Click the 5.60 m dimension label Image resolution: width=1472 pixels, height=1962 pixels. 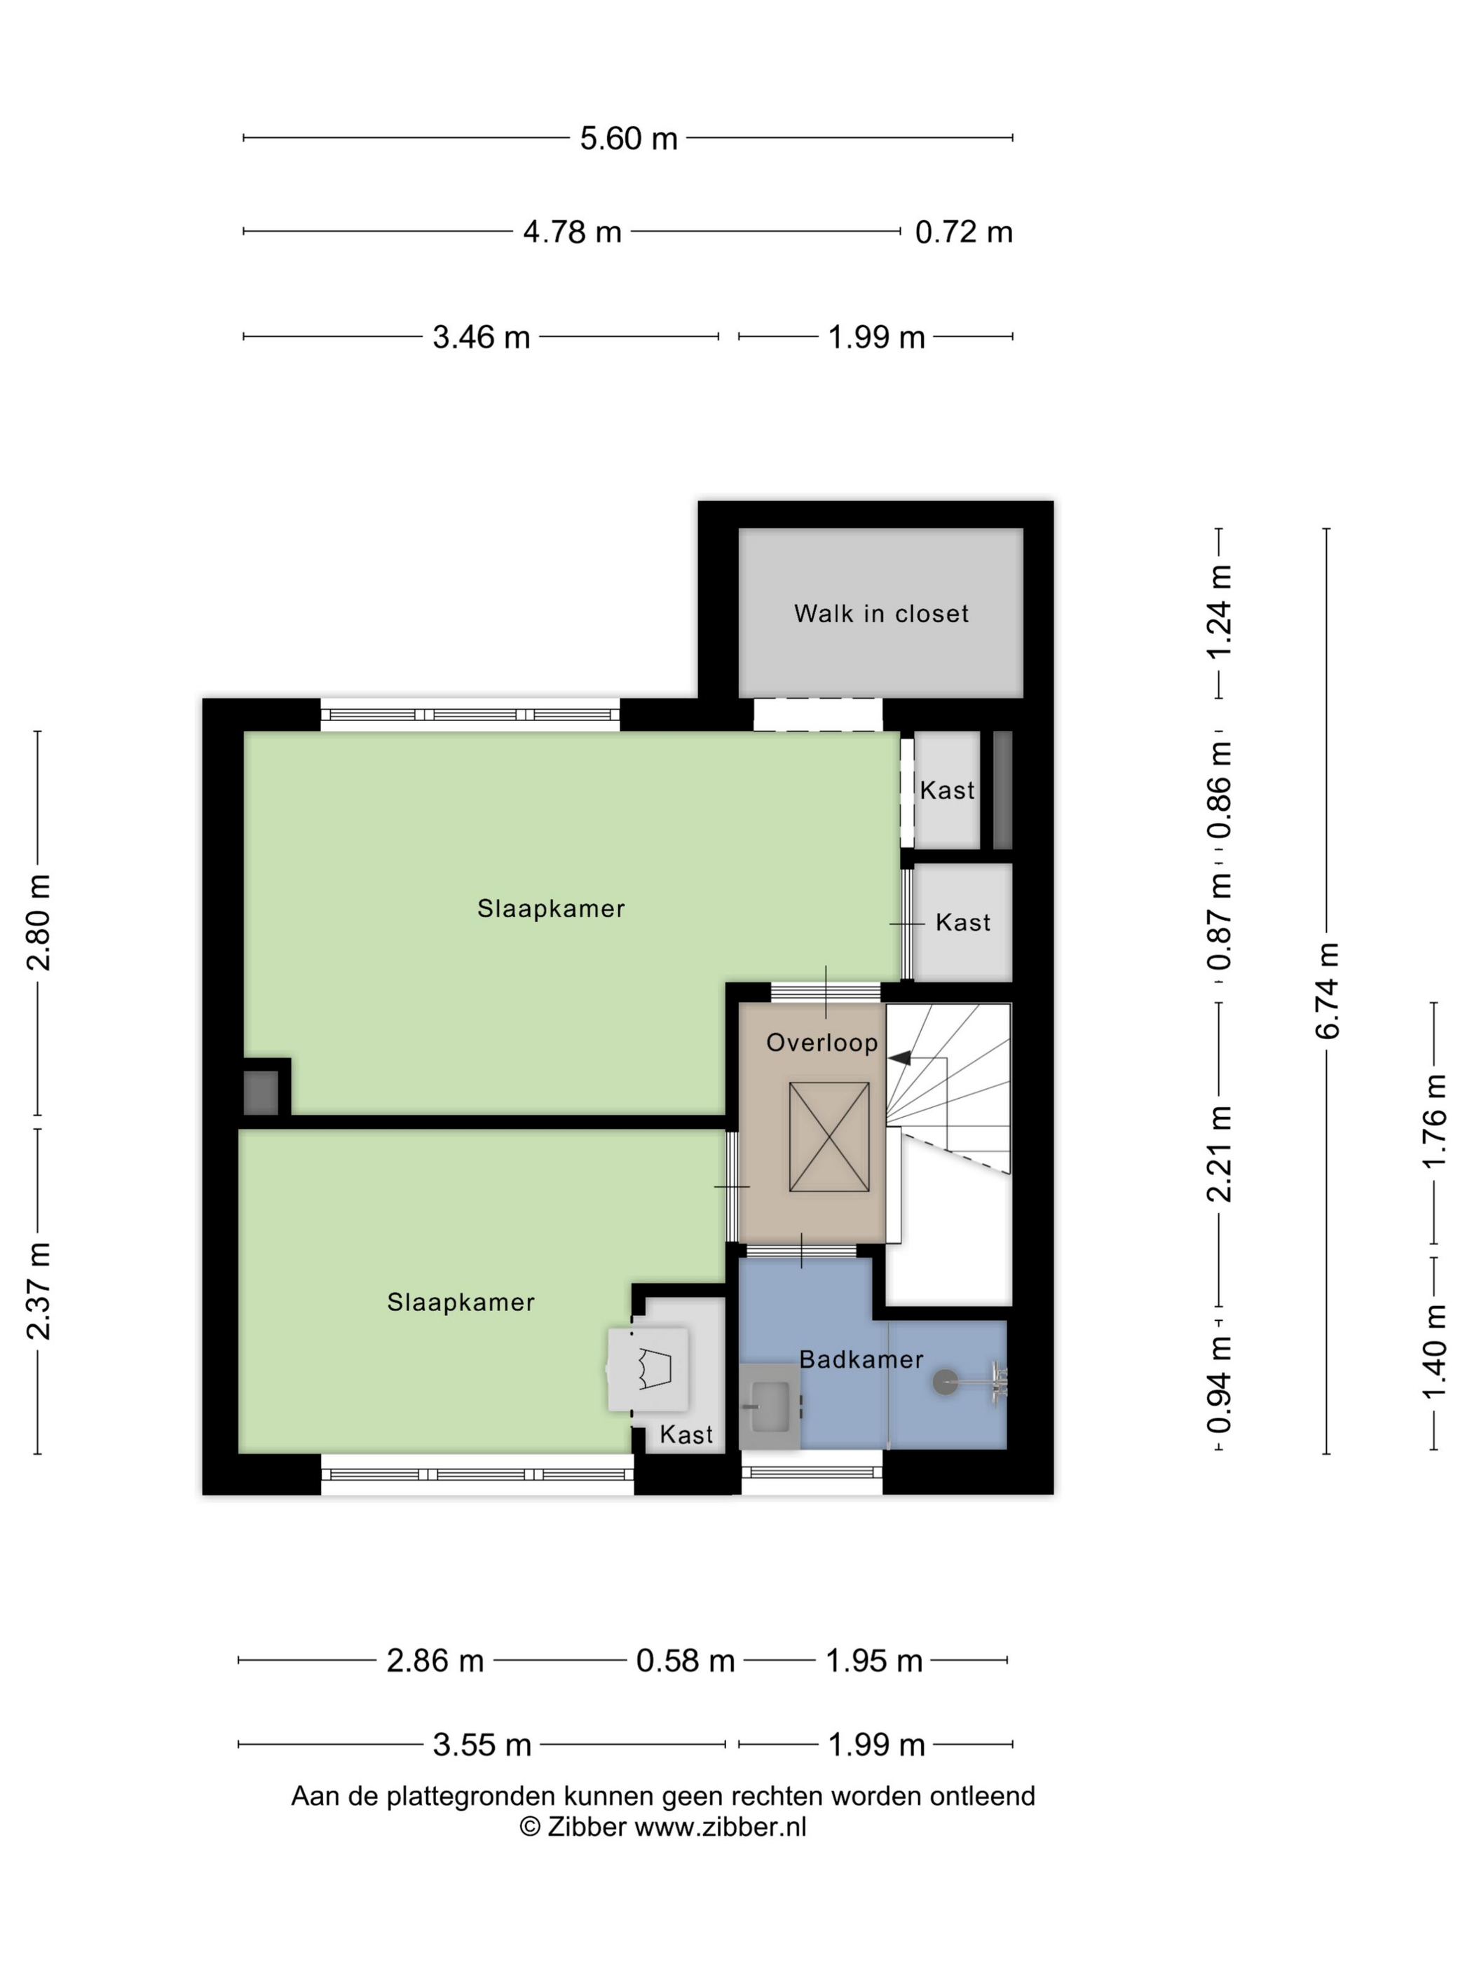(628, 138)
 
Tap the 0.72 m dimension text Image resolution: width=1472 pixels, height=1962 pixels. (962, 233)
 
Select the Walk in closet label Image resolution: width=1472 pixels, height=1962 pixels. (880, 614)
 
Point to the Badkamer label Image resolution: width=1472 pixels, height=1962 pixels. (861, 1360)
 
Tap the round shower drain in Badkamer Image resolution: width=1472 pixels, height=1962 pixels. (945, 1381)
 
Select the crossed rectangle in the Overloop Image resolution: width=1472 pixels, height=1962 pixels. (829, 1137)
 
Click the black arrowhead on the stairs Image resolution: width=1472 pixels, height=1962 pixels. (900, 1058)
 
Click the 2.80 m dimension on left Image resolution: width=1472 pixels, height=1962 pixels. (38, 922)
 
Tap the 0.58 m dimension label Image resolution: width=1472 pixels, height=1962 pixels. (685, 1661)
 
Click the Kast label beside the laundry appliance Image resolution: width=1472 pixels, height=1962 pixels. (686, 1434)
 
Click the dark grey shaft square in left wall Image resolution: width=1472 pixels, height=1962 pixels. (261, 1092)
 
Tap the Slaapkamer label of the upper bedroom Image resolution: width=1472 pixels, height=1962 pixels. (551, 908)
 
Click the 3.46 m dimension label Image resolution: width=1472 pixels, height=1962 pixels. (481, 338)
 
